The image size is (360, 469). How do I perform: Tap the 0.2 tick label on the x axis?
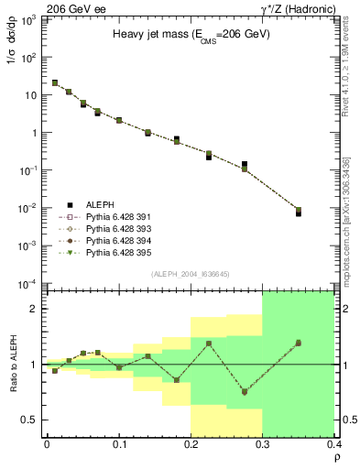[x=190, y=444]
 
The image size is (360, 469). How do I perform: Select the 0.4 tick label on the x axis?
[x=333, y=444]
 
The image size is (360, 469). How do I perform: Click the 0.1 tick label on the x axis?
[x=118, y=444]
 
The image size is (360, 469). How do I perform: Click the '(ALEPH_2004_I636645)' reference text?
[x=190, y=273]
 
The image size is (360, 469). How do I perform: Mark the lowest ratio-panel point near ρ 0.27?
[x=245, y=391]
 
